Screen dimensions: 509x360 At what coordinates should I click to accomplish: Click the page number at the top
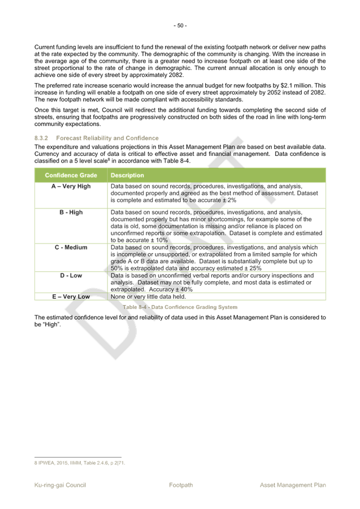point(180,25)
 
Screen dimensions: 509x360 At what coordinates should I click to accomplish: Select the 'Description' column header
point(128,176)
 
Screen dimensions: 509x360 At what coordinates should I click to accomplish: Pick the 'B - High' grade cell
point(71,212)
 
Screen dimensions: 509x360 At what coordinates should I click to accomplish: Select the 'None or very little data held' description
point(148,296)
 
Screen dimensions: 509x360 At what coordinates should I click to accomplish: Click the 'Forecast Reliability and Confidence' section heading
point(107,138)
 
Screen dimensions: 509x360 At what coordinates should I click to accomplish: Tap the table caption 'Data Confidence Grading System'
point(180,307)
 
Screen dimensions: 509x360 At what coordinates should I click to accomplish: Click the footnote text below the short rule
point(80,463)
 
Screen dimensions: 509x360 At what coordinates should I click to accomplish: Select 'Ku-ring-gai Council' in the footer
point(60,485)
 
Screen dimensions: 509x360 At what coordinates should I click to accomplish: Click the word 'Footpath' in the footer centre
point(181,485)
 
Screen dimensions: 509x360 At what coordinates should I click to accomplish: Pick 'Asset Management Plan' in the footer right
point(293,485)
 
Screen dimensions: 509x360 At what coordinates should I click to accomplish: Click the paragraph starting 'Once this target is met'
point(180,116)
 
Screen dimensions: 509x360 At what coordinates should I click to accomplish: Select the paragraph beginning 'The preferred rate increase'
point(180,92)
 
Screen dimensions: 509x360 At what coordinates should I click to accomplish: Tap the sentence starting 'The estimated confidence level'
point(180,321)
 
